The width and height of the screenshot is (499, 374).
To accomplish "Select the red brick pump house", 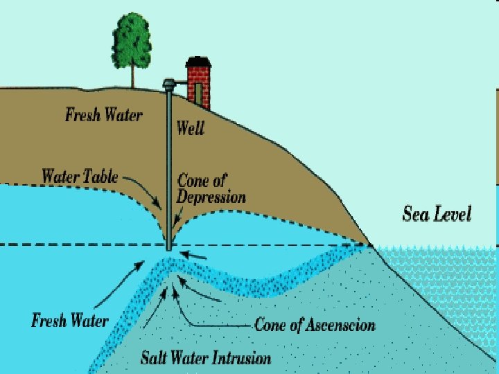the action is (x=198, y=83).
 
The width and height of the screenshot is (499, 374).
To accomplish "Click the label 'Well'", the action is (x=191, y=127).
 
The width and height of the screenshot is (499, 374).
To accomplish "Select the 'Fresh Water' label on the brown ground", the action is (x=104, y=114).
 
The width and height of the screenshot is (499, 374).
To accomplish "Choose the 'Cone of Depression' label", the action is (x=211, y=188).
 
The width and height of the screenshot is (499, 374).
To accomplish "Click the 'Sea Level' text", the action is (x=437, y=213).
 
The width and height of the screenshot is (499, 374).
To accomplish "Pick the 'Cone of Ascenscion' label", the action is (x=315, y=324).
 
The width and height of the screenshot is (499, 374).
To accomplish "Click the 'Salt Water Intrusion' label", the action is (x=206, y=358).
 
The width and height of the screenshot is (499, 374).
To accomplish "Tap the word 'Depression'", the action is (x=211, y=197).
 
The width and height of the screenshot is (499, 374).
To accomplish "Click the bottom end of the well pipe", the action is (x=168, y=248).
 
